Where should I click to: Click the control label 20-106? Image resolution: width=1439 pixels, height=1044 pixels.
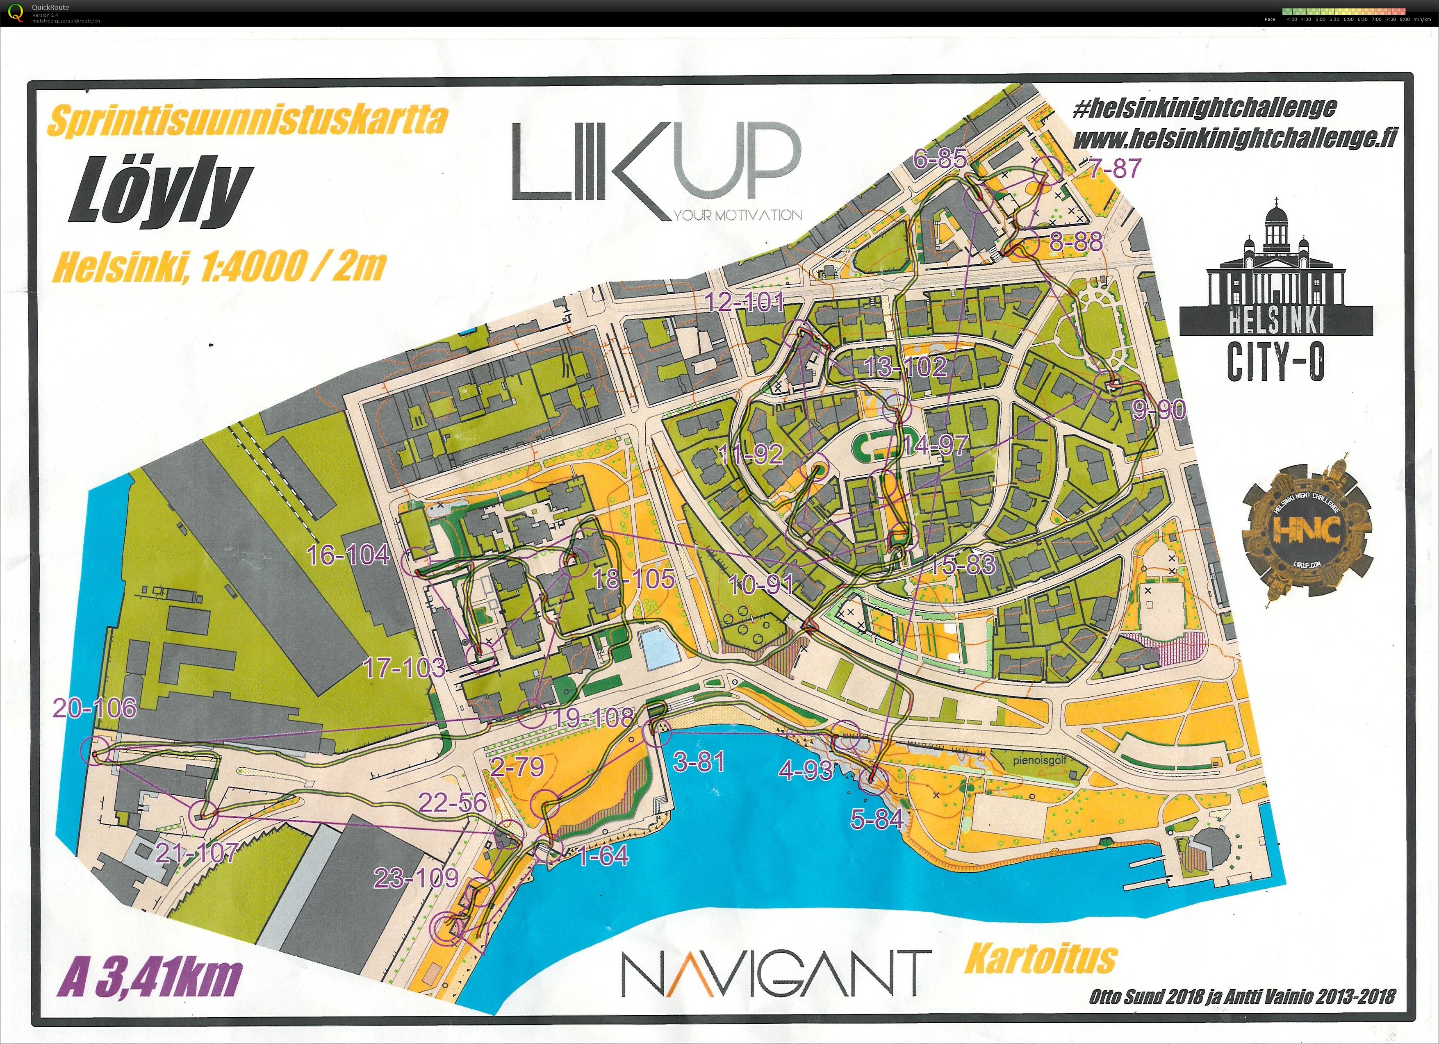click(x=95, y=708)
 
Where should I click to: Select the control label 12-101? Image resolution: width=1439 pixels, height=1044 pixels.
click(x=745, y=302)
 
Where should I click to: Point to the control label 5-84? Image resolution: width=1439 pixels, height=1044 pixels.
click(x=877, y=819)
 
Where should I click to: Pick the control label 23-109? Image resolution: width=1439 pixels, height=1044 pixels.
click(x=416, y=878)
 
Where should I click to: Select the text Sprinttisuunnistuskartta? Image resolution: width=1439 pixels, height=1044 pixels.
click(x=248, y=120)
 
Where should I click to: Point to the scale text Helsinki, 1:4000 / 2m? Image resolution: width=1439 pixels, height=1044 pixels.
click(x=219, y=267)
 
